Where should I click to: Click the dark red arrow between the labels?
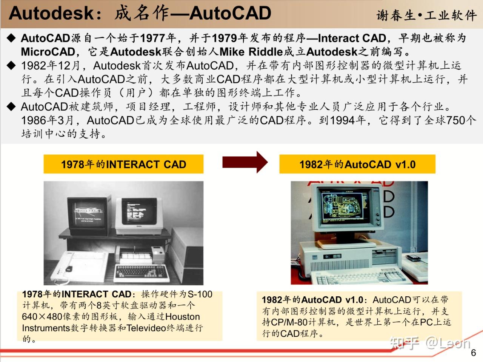[x=245, y=162]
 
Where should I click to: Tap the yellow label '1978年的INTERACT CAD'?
[x=123, y=164]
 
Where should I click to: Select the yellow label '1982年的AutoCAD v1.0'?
[x=357, y=164]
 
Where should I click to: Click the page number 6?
[x=473, y=353]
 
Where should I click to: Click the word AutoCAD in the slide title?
[x=230, y=13]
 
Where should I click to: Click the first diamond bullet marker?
[x=12, y=38]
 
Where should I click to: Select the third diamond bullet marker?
[x=12, y=106]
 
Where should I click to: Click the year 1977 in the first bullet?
[x=153, y=38]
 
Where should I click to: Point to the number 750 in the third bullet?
[x=456, y=120]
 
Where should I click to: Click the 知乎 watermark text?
[x=405, y=343]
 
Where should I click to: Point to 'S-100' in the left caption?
[x=200, y=294]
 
